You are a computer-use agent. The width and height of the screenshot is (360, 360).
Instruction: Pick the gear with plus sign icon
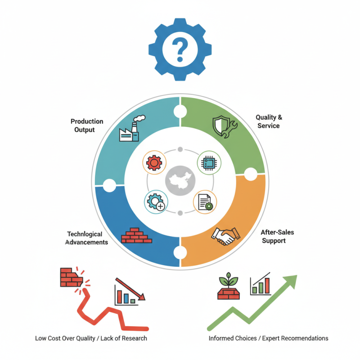coord(155,202)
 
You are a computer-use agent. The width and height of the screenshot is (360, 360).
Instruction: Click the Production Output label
coord(87,126)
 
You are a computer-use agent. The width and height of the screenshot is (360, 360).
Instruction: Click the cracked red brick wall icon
coord(72,278)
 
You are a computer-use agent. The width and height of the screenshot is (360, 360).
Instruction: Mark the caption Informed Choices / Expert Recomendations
coord(268,338)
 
